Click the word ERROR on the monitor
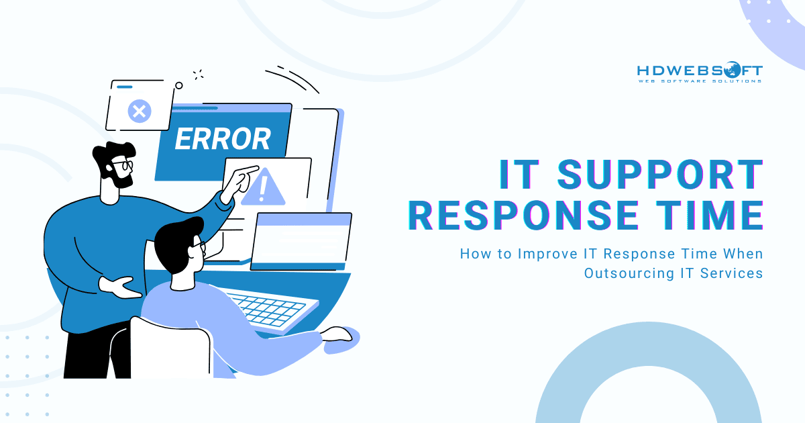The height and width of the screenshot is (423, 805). (x=223, y=139)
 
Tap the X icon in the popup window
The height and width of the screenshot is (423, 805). (x=139, y=110)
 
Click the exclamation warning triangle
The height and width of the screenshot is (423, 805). (x=263, y=187)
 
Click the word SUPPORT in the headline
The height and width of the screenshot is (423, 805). (x=661, y=175)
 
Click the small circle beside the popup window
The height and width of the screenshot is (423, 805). (x=179, y=85)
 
